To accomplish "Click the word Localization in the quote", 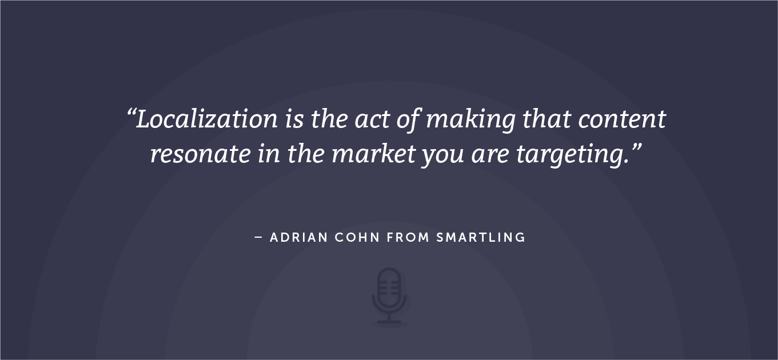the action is [207, 119].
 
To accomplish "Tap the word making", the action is [470, 120].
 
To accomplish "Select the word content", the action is [622, 119].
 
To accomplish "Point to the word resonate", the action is [201, 154].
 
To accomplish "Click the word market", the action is [373, 153].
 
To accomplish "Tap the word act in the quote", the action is [372, 119].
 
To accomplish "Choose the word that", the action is [546, 119].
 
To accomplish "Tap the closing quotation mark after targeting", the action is [636, 147].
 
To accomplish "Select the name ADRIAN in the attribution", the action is [299, 238].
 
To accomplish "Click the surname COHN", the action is [357, 238].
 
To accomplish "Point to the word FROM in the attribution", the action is [408, 238].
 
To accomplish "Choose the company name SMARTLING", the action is [481, 238].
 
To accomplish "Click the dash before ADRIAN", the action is [258, 238].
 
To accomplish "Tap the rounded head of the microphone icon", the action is [389, 287].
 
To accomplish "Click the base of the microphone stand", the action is [389, 322].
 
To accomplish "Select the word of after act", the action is [409, 120].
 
